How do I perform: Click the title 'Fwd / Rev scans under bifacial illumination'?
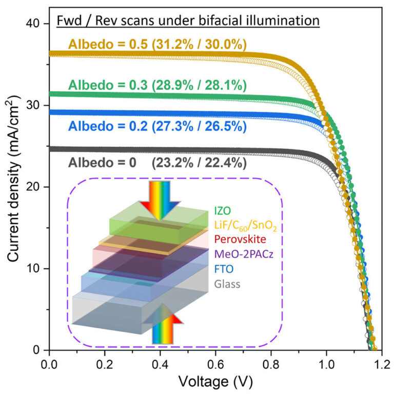[188, 22]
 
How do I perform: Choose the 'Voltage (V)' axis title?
[215, 382]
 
